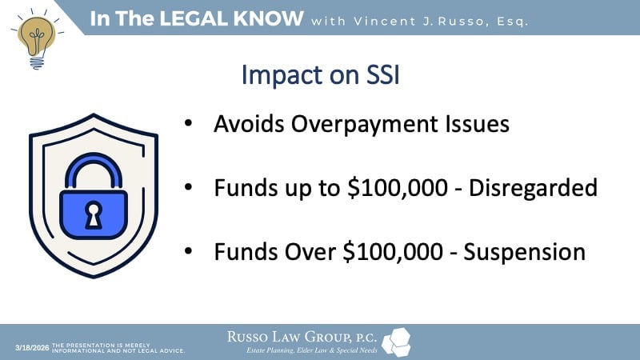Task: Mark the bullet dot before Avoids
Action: click(x=189, y=126)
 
